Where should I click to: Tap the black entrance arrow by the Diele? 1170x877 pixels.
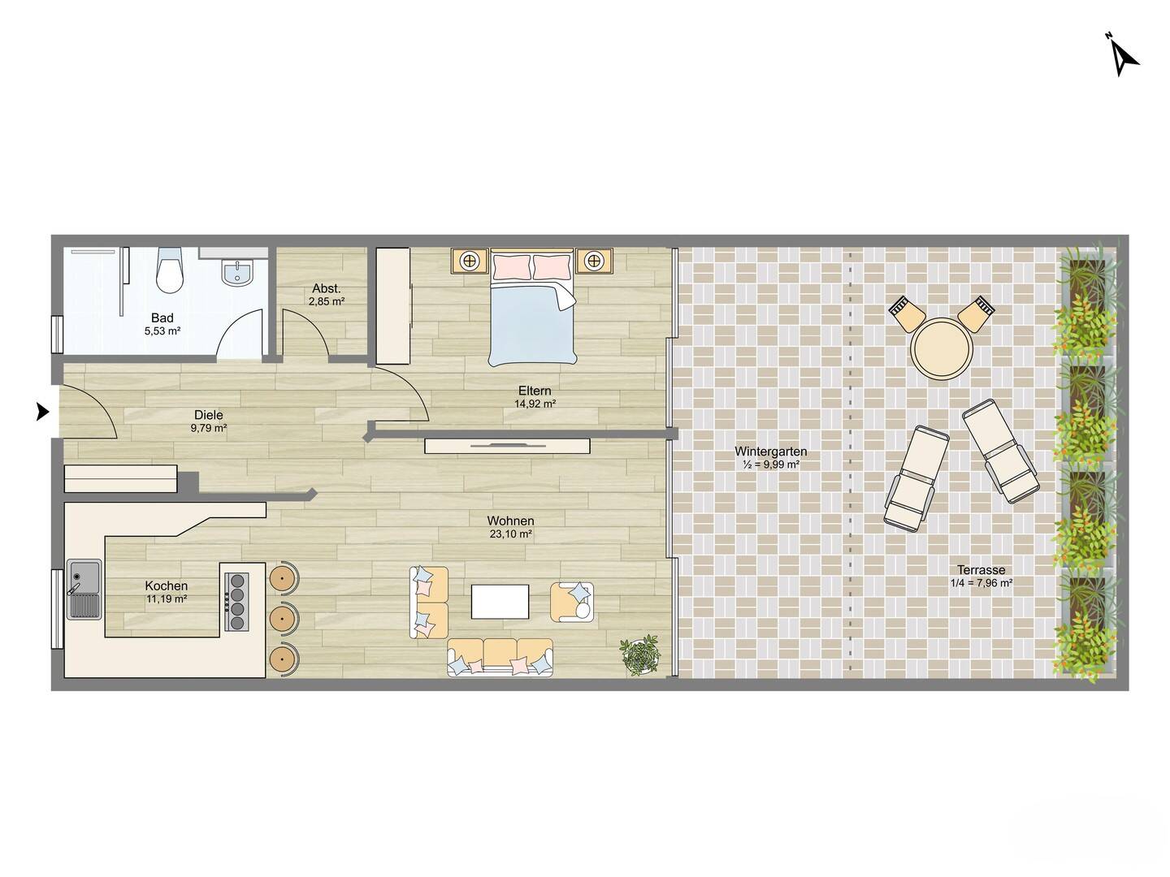[x=42, y=412]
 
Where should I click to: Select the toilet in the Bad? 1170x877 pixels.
[x=169, y=270]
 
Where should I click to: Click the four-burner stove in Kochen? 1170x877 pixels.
[x=236, y=602]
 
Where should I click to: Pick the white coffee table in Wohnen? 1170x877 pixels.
[x=500, y=602]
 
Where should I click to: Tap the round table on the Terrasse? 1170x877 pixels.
[x=942, y=349]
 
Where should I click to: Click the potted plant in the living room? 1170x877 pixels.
[x=640, y=655]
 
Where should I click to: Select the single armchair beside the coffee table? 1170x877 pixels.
[x=572, y=602]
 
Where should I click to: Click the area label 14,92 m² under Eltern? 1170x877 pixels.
[x=535, y=404]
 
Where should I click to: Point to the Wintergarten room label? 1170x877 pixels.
[x=771, y=451]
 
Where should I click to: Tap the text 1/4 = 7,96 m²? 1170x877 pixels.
[x=981, y=582]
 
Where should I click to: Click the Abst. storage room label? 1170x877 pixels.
[x=326, y=288]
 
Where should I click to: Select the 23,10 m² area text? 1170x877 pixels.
[x=510, y=534]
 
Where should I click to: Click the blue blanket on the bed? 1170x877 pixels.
[x=532, y=326]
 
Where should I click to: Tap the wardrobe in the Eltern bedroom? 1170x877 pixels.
[x=393, y=305]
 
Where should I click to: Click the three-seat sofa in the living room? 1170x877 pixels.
[x=500, y=657]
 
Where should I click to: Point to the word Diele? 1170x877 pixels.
[x=209, y=415]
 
